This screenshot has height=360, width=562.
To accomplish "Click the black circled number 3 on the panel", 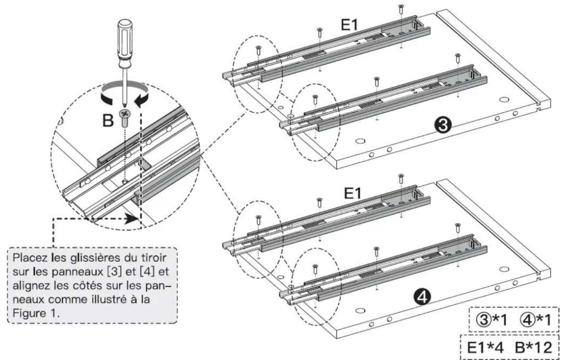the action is (442, 126).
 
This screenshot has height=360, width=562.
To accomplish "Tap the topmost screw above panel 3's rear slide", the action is (400, 8).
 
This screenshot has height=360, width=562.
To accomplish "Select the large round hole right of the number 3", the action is (503, 99).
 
